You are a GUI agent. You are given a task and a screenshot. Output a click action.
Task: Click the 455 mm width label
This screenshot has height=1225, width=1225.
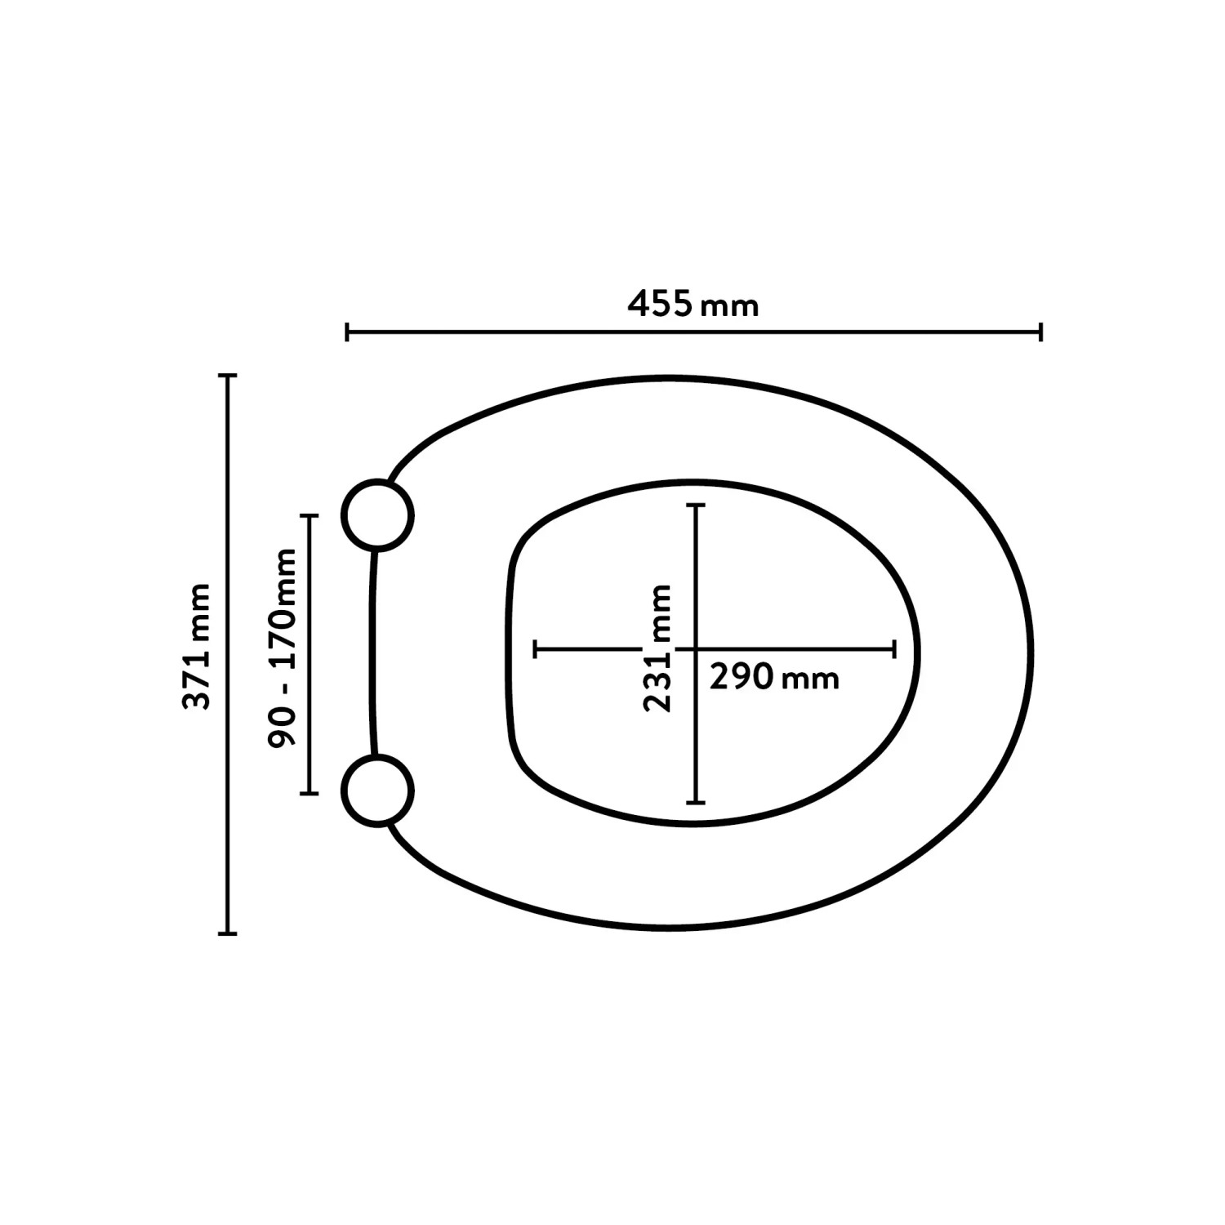[x=693, y=305]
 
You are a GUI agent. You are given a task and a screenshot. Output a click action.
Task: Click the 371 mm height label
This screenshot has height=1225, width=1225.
[x=196, y=647]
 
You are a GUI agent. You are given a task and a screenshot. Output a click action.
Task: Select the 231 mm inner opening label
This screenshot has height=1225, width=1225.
[x=657, y=648]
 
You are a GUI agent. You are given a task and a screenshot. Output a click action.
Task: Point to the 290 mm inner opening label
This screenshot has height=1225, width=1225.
[x=774, y=678]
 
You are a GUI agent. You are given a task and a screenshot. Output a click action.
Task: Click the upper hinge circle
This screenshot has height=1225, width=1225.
[x=377, y=515]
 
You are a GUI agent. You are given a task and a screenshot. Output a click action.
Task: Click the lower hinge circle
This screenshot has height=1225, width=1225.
[x=377, y=791]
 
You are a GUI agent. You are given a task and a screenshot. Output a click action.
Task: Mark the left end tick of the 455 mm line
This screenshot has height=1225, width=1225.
[x=348, y=332]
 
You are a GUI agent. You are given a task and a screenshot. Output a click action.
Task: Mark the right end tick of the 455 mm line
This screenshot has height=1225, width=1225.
[x=1040, y=332]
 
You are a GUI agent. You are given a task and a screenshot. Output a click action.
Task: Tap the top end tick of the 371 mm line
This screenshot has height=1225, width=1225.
[x=229, y=376]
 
